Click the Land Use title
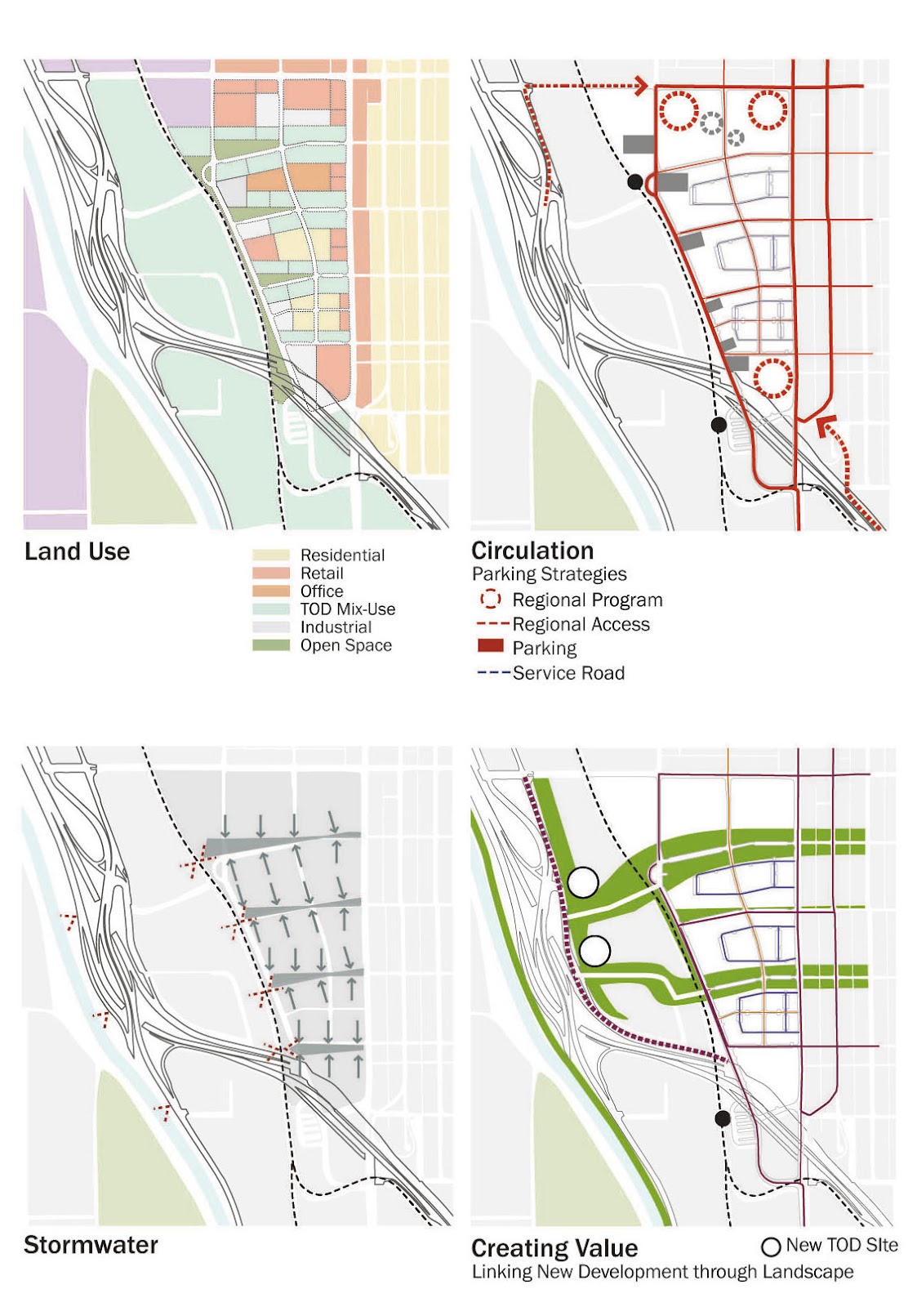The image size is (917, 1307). pyautogui.click(x=77, y=552)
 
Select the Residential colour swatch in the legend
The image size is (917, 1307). pyautogui.click(x=271, y=555)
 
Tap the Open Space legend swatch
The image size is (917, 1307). pyautogui.click(x=271, y=645)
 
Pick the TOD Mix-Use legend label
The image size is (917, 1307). pyautogui.click(x=347, y=609)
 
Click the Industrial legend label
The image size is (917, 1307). pyautogui.click(x=336, y=627)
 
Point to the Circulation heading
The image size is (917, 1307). pyautogui.click(x=532, y=551)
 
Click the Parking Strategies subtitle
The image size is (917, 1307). pyautogui.click(x=549, y=574)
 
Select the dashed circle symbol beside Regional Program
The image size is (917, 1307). pyautogui.click(x=490, y=600)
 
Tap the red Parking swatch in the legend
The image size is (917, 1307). pyautogui.click(x=490, y=647)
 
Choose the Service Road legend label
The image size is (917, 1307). pyautogui.click(x=568, y=673)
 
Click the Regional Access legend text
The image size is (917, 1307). pyautogui.click(x=581, y=624)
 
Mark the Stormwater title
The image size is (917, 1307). pyautogui.click(x=91, y=1245)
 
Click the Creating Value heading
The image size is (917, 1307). pyautogui.click(x=554, y=1248)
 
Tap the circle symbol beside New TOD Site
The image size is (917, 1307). pyautogui.click(x=771, y=1247)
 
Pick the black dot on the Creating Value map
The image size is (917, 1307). pyautogui.click(x=722, y=1118)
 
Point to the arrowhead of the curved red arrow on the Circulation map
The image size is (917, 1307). pyautogui.click(x=826, y=422)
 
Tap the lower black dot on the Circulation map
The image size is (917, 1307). pyautogui.click(x=719, y=425)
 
